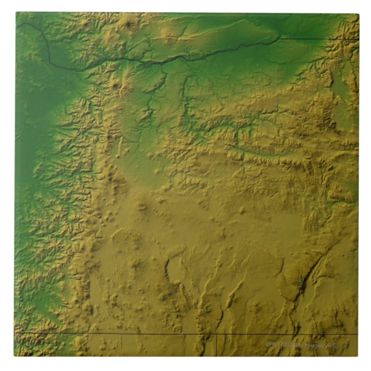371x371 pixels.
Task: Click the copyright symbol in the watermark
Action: [268, 344]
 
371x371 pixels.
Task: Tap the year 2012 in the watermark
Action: [331, 344]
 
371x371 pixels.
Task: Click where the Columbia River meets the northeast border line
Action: [280, 39]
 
